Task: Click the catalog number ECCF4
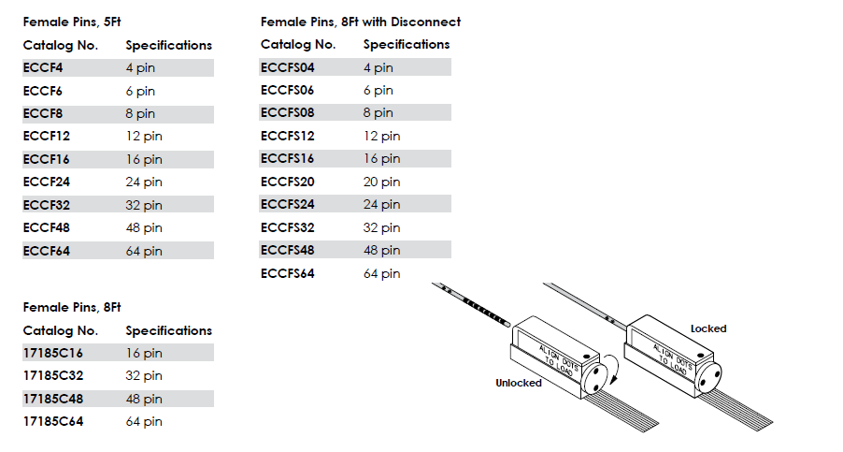pos(43,67)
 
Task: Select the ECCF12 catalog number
pos(46,136)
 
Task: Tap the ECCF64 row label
pos(46,251)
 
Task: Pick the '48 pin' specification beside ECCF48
pos(144,228)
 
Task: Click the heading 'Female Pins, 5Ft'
pos(72,22)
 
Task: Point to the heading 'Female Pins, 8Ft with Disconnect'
pos(361,22)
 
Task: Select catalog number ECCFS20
pos(288,182)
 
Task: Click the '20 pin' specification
pos(381,182)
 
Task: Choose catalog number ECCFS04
pos(288,67)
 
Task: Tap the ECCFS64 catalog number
pos(288,273)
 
